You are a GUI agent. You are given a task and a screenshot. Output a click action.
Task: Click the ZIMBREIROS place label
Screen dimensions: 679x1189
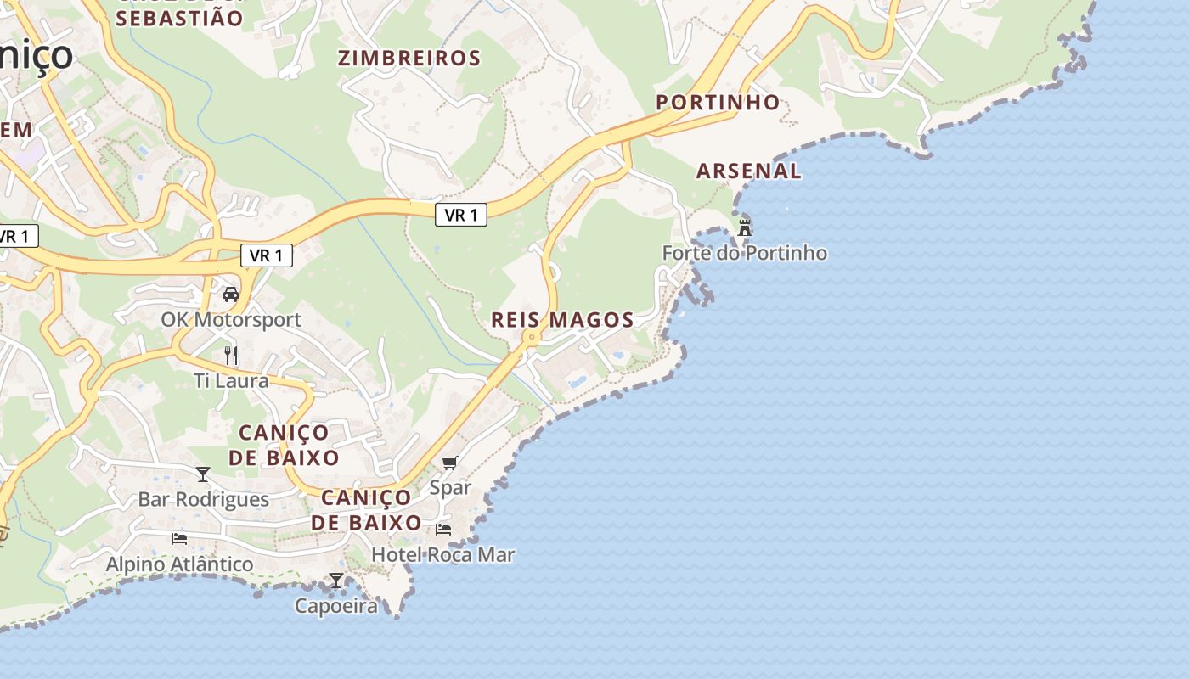coord(409,58)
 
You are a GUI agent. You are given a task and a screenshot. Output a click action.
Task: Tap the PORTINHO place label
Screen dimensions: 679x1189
coord(718,102)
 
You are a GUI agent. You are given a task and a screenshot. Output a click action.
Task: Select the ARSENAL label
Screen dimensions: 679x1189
coord(748,171)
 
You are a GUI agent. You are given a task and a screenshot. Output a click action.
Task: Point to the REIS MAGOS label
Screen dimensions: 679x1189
coord(562,320)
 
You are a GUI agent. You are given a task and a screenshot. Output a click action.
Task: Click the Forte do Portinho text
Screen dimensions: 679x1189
coord(744,253)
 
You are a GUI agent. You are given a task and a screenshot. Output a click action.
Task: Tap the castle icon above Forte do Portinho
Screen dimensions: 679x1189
coord(745,227)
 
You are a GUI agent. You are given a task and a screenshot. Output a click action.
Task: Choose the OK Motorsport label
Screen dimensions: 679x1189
coord(231,320)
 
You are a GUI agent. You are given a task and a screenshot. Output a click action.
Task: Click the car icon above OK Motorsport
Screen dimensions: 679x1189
coord(230,295)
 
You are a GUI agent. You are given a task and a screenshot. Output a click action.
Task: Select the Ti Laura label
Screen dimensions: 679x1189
coord(231,380)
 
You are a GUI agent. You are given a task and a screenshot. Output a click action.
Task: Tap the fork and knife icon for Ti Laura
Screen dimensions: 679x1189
coord(231,355)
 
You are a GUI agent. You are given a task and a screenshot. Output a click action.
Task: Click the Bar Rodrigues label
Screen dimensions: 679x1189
coord(203,499)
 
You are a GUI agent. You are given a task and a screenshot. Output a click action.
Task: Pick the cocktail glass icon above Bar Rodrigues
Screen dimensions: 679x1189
coord(203,474)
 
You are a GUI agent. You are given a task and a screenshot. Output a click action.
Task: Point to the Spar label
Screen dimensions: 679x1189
coord(450,488)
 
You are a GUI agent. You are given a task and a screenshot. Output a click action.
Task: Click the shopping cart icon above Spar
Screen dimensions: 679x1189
coord(450,463)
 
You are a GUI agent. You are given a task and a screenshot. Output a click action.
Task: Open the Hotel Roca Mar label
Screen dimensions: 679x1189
coord(443,555)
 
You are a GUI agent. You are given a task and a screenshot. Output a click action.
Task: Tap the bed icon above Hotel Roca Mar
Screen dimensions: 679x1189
coord(443,530)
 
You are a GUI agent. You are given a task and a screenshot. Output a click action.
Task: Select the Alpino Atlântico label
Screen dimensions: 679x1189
coord(179,564)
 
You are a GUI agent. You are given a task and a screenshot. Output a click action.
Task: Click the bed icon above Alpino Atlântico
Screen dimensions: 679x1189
coord(179,538)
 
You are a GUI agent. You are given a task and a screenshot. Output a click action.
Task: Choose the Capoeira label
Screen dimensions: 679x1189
coord(336,606)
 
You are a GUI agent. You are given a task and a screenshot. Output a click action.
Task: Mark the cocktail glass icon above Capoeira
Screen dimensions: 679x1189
coord(336,581)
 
